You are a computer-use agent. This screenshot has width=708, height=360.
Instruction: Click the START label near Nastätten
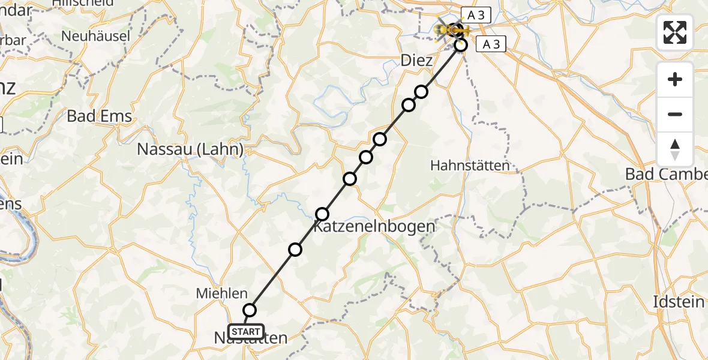pyautogui.click(x=246, y=332)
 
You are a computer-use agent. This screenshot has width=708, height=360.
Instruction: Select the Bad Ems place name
pyautogui.click(x=99, y=116)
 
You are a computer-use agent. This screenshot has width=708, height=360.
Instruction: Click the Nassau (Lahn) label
pyautogui.click(x=190, y=149)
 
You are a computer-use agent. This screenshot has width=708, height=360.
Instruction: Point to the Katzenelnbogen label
pyautogui.click(x=374, y=227)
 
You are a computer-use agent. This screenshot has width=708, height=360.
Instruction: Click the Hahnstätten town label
pyautogui.click(x=470, y=165)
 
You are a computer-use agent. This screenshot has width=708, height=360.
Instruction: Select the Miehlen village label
pyautogui.click(x=221, y=293)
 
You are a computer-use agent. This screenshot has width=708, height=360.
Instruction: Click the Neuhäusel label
pyautogui.click(x=96, y=36)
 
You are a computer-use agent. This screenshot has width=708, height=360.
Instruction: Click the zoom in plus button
pyautogui.click(x=675, y=79)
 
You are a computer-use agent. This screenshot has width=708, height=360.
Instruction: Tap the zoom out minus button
pyautogui.click(x=675, y=114)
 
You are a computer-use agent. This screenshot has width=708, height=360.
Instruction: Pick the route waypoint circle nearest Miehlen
pyautogui.click(x=250, y=310)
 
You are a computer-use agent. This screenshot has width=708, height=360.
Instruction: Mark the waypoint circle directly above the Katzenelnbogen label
pyautogui.click(x=323, y=214)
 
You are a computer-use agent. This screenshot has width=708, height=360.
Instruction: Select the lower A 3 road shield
pyautogui.click(x=491, y=44)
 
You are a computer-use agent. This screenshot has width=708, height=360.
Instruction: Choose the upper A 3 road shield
pyautogui.click(x=476, y=15)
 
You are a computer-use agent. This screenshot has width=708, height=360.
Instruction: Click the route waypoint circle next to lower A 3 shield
pyautogui.click(x=461, y=45)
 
